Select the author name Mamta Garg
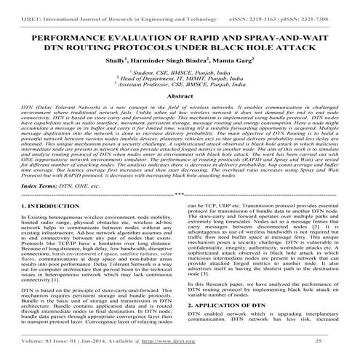[x=226, y=63]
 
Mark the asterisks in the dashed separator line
[x=180, y=194]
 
